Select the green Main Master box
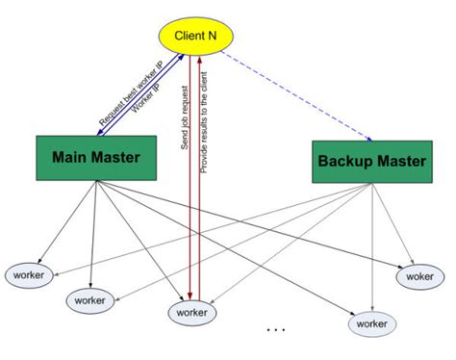tap(96, 157)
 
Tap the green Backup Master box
tap(369, 162)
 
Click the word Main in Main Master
tap(72, 157)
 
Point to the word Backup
tap(346, 162)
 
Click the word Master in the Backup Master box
tap(400, 162)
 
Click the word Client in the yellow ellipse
tap(190, 36)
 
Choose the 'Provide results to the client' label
tap(204, 118)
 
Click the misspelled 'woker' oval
tap(419, 276)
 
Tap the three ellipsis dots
tap(276, 330)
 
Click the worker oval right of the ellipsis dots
tap(370, 324)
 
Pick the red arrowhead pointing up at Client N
tap(198, 62)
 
